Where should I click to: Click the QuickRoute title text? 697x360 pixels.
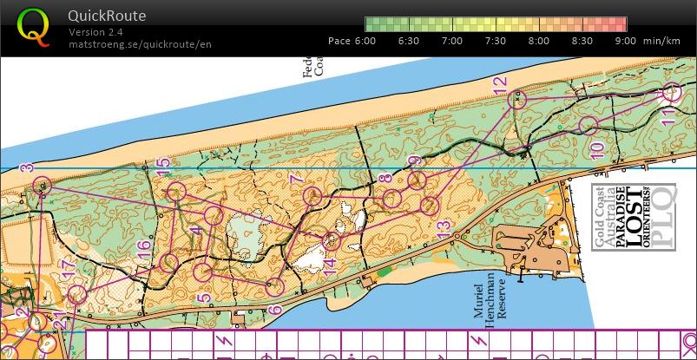[108, 16]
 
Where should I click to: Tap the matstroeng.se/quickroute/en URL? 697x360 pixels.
[140, 44]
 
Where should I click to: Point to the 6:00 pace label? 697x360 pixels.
[364, 41]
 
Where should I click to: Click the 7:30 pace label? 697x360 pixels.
[495, 41]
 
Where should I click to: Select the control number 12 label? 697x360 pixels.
[499, 84]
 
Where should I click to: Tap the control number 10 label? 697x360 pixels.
[596, 150]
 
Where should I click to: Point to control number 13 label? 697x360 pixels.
[444, 232]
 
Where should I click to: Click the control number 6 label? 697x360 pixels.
[275, 309]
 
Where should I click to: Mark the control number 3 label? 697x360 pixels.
[27, 167]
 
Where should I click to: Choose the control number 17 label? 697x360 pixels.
[69, 271]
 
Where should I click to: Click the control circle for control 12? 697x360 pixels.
[517, 100]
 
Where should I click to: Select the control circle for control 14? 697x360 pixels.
[331, 240]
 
